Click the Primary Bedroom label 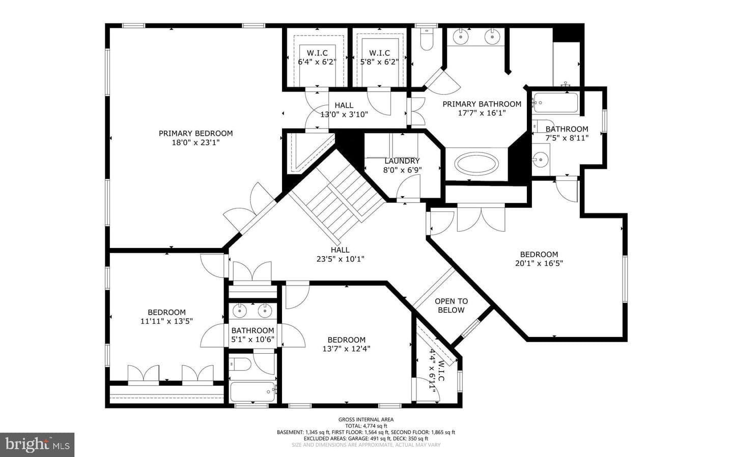tap(195, 133)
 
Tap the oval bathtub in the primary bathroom tap(476, 163)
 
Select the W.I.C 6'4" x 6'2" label tap(317, 57)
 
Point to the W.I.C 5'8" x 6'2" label tap(380, 57)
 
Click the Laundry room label tap(402, 161)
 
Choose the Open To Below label tap(451, 306)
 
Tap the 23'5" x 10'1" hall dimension tap(341, 259)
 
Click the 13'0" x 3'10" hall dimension tap(344, 114)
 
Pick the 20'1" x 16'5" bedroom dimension tap(539, 263)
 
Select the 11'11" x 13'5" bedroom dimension tap(166, 321)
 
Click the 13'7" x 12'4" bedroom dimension tap(346, 349)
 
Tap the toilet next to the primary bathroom tap(427, 40)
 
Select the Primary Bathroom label tap(482, 104)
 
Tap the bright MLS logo tap(37, 445)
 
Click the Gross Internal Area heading tap(366, 419)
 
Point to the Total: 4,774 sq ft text tap(366, 426)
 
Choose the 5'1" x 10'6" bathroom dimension tap(252, 339)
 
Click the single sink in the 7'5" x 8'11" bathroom tap(540, 160)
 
